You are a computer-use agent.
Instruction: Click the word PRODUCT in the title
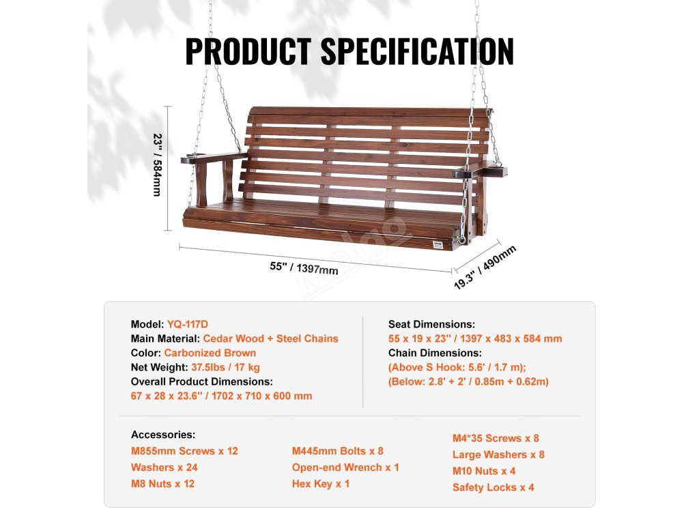point(248,51)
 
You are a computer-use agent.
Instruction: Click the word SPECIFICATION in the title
point(418,51)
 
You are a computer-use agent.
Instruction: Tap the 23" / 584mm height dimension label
point(158,165)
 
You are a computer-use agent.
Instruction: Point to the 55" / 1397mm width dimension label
point(304,268)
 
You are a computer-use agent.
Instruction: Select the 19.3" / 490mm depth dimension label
point(485,267)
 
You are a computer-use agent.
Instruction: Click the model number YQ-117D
point(188,324)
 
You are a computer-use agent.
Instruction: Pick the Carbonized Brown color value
point(210,353)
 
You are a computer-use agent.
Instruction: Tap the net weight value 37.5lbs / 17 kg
point(225,367)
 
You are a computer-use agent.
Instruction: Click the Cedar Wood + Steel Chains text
point(270,338)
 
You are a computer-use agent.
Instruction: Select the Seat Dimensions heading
point(431,324)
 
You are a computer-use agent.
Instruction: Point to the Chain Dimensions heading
point(435,353)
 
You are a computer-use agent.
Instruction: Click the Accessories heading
point(163,435)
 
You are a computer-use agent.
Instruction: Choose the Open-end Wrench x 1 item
point(345,467)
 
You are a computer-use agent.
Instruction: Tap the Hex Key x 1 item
point(321,484)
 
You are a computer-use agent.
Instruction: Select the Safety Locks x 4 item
point(493,487)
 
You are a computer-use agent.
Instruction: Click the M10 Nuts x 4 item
point(484,471)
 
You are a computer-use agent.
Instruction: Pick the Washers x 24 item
point(164,467)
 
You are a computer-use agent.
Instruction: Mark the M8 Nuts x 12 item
point(162,484)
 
